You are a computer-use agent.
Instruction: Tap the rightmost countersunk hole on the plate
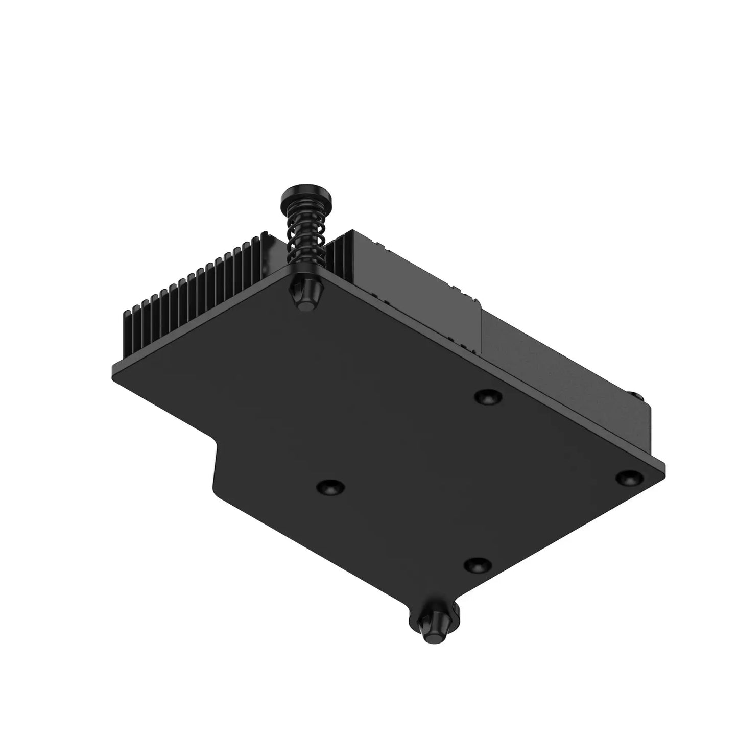coord(628,478)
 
